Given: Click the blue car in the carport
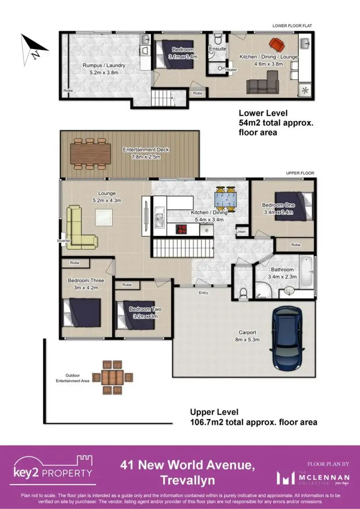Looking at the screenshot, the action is (287, 338).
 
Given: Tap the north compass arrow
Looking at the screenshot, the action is (32, 49).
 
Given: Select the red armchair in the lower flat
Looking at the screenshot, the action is (277, 45).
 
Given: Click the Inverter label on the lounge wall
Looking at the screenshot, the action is (63, 240).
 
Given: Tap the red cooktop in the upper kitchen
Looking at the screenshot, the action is (182, 229).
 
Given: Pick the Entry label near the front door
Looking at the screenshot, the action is (203, 293).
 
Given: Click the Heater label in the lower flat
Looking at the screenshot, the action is (231, 70).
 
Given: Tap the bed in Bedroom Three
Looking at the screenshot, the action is (82, 313).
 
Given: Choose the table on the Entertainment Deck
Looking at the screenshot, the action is (90, 154).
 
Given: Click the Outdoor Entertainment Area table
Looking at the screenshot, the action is (112, 377).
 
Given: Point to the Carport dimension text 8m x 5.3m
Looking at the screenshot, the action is (247, 339).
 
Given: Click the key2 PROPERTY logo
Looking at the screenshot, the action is (53, 470).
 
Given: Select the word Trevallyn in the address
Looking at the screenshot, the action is (188, 480).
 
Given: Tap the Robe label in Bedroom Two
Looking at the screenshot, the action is (127, 285).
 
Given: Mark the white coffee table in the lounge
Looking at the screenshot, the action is (104, 217).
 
